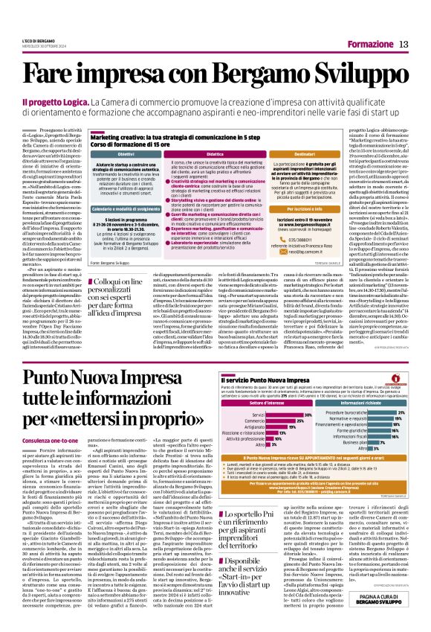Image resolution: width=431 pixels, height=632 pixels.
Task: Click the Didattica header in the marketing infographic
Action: tap(215, 153)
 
